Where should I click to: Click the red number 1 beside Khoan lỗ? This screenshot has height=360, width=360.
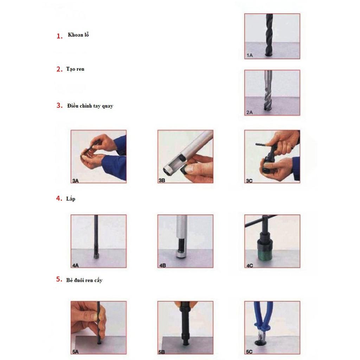(59, 36)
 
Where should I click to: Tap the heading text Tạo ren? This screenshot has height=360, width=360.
(75, 69)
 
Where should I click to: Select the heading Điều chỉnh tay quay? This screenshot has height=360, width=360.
(90, 106)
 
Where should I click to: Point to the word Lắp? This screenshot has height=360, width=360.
(71, 199)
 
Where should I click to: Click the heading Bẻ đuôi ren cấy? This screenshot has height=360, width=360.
(84, 280)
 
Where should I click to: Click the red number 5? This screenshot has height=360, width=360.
(59, 279)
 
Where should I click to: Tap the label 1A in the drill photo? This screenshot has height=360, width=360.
(250, 55)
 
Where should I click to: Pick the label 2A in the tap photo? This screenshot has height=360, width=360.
(250, 112)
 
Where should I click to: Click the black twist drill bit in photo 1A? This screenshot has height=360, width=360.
(269, 34)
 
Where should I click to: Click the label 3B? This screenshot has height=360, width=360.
(162, 180)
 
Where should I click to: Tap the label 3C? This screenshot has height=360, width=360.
(249, 181)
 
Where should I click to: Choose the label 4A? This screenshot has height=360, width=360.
(76, 265)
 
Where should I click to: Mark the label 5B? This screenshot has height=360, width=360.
(162, 352)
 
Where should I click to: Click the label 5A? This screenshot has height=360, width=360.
(76, 352)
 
